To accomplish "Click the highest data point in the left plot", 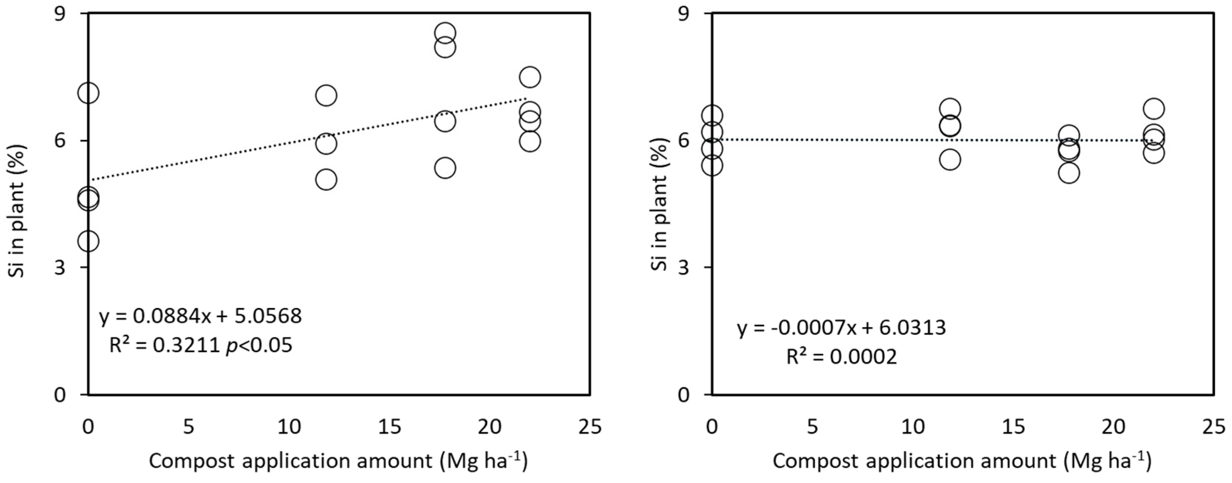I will pos(445,33).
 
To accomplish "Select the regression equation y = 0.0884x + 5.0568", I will pos(200,316).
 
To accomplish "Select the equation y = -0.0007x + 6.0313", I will pos(841,328).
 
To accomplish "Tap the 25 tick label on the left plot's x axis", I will pos(590,427).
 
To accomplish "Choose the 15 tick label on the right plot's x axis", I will pos(1013,427).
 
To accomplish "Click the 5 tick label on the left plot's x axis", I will pos(189,427).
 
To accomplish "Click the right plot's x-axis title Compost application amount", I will pos(961,461).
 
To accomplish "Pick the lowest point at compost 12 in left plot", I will pos(326,180).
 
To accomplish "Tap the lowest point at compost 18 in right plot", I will pos(1068,173).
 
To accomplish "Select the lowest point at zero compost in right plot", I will pos(712,165).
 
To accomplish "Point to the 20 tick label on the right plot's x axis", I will pos(1113,427).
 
